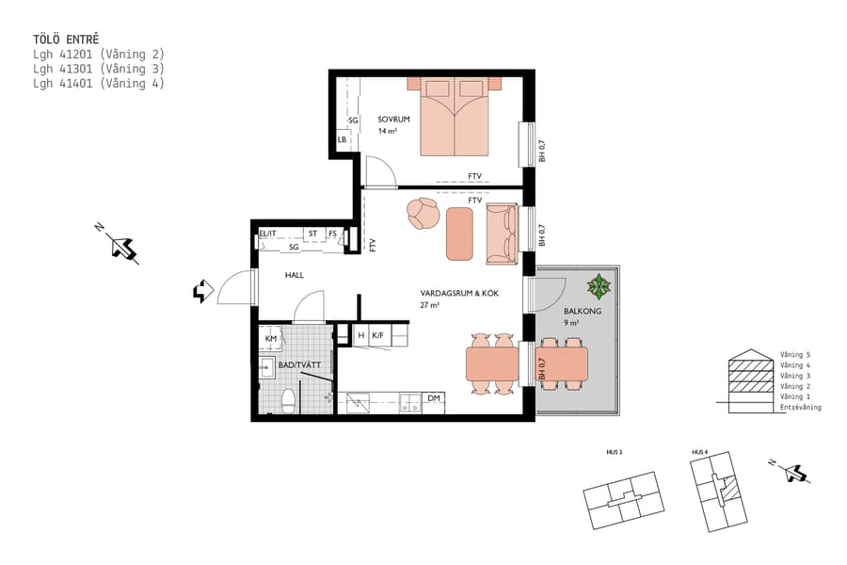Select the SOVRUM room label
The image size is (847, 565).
pyautogui.click(x=394, y=120)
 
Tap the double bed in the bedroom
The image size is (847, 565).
pyautogui.click(x=455, y=118)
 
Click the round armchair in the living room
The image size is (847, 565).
pyautogui.click(x=423, y=214)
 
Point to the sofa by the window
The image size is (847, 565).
pyautogui.click(x=501, y=234)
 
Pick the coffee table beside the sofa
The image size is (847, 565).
pyautogui.click(x=459, y=234)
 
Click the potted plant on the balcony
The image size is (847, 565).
pyautogui.click(x=598, y=284)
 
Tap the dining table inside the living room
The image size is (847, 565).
pyautogui.click(x=492, y=363)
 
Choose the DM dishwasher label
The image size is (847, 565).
pyautogui.click(x=434, y=398)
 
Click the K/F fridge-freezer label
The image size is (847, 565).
pyautogui.click(x=377, y=334)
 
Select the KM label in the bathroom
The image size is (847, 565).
pyautogui.click(x=271, y=338)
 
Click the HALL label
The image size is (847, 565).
pyautogui.click(x=295, y=275)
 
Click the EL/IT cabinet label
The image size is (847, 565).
pyautogui.click(x=267, y=234)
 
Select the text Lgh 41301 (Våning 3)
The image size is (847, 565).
pyautogui.click(x=98, y=69)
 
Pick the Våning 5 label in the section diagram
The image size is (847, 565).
pyautogui.click(x=795, y=355)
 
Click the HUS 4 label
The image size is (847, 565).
pyautogui.click(x=699, y=453)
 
